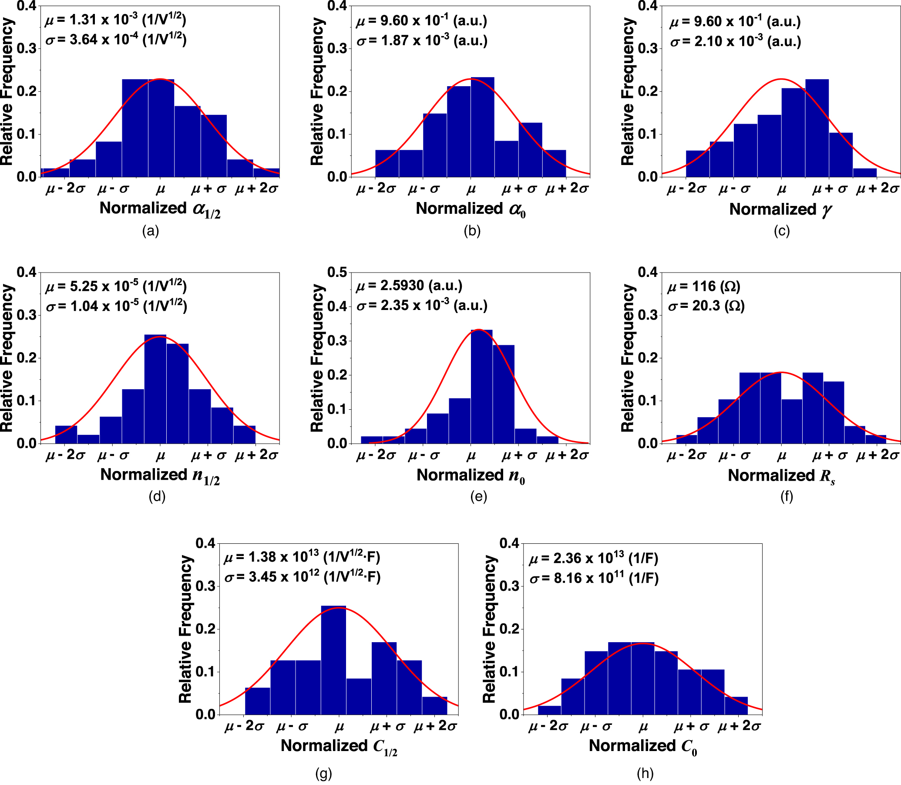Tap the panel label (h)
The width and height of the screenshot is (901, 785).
[645, 773]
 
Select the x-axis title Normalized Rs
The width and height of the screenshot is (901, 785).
[781, 476]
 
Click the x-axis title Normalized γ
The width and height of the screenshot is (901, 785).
[780, 209]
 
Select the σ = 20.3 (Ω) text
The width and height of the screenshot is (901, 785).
[706, 306]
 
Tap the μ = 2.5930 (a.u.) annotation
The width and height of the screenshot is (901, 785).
[409, 286]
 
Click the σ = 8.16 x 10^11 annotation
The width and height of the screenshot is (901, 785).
[594, 578]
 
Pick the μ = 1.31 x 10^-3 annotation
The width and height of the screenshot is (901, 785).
[116, 20]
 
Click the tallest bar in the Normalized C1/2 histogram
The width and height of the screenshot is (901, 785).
[333, 657]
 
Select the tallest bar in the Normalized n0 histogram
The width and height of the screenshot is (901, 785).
[481, 385]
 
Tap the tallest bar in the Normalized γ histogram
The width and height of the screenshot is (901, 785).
[817, 127]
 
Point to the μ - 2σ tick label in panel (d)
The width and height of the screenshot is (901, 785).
[65, 455]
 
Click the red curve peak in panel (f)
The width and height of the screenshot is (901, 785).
[781, 372]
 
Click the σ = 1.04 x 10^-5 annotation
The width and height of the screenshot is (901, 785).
[117, 306]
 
